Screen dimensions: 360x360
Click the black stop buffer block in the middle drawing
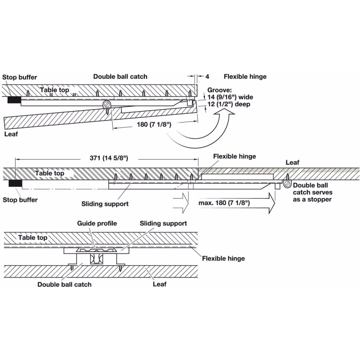pyautogui.click(x=15, y=184)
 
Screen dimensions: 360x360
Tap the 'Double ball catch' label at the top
pyautogui.click(x=120, y=76)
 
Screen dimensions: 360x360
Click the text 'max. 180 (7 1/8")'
pyautogui.click(x=224, y=203)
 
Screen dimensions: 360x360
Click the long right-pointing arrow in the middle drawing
pyautogui.click(x=236, y=204)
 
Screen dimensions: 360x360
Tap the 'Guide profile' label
pyautogui.click(x=97, y=223)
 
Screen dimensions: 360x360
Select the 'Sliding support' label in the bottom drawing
pyautogui.click(x=163, y=223)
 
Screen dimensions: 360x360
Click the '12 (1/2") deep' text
pyautogui.click(x=229, y=104)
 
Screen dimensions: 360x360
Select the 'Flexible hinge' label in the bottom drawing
pyautogui.click(x=223, y=258)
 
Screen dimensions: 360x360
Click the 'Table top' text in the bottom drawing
pyautogui.click(x=33, y=238)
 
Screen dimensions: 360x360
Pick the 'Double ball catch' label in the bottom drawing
pyautogui.click(x=64, y=284)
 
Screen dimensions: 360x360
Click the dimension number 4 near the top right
pyautogui.click(x=207, y=76)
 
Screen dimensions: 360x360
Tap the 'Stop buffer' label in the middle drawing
pyautogui.click(x=20, y=200)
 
